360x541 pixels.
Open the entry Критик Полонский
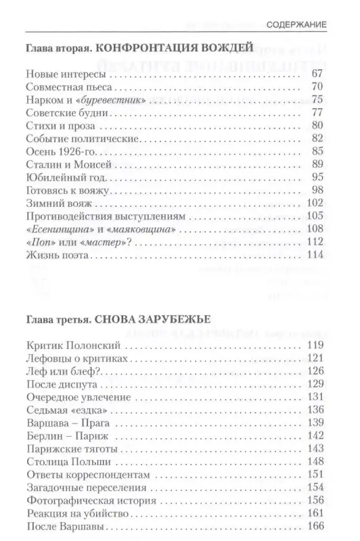[65, 347]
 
